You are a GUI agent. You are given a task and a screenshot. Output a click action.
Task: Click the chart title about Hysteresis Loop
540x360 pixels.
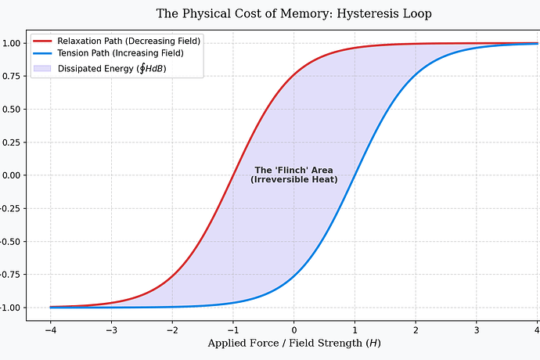pos(293,14)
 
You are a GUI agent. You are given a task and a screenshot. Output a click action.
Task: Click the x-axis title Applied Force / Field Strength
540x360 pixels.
pos(293,343)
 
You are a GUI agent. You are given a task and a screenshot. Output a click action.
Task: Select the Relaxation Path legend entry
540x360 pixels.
pos(128,41)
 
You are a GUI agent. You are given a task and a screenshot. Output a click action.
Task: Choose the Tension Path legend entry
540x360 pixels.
pos(121,53)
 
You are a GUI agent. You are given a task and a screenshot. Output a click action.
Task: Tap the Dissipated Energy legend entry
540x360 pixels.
pos(111,68)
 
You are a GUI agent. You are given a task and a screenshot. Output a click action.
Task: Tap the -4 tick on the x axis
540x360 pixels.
pos(50,329)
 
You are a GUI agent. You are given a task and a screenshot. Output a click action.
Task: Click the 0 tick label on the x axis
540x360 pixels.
pos(293,329)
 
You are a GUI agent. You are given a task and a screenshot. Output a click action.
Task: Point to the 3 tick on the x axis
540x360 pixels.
pos(476,329)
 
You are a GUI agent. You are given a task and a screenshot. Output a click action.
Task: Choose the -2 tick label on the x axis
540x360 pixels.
pos(171,329)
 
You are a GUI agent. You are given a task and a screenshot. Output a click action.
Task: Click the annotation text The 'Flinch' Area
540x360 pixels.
pos(293,170)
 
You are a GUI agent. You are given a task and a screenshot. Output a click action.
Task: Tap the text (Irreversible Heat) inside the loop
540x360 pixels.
pos(293,180)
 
